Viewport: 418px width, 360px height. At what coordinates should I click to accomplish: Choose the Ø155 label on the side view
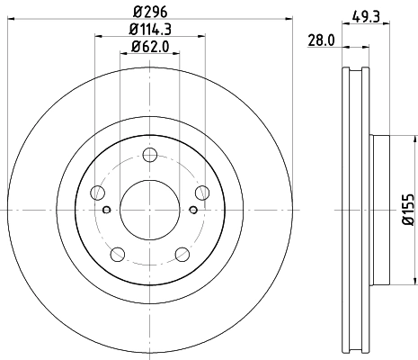tap(407, 209)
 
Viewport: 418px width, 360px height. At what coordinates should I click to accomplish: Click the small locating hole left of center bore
tap(107, 210)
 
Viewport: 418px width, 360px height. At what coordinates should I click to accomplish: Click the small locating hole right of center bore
tap(191, 210)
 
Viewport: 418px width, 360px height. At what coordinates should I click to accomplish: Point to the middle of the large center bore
tap(149, 210)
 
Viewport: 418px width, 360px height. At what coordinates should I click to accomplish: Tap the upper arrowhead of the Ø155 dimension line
tap(399, 139)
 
